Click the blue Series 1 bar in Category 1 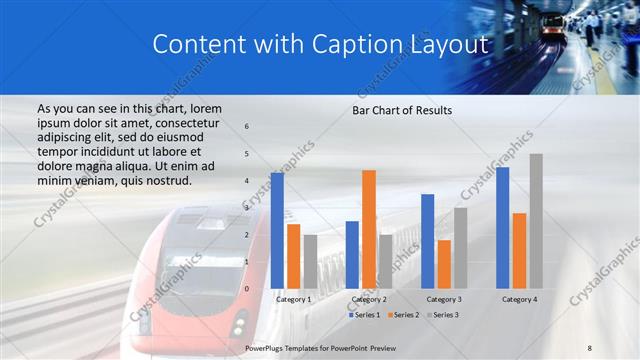277,231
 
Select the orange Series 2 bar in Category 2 368,229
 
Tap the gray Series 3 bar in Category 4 536,221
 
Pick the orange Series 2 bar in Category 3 444,264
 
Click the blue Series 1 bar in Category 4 502,228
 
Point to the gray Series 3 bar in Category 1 310,262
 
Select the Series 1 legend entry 366,315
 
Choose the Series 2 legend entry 405,315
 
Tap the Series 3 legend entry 444,315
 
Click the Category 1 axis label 294,299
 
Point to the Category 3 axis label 444,299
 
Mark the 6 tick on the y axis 247,127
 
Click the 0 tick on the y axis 247,289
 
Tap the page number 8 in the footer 589,346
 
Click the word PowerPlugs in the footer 266,346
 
